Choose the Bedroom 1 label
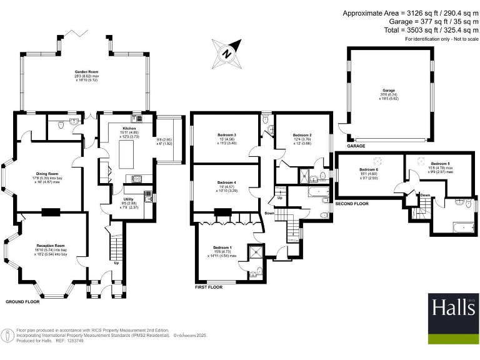pyautogui.click(x=221, y=247)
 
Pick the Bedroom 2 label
pyautogui.click(x=302, y=134)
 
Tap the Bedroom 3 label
pyautogui.click(x=226, y=135)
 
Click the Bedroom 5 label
pyautogui.click(x=439, y=162)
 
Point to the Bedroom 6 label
pyautogui.click(x=369, y=169)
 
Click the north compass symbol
pyautogui.click(x=227, y=53)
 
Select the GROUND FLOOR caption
pyautogui.click(x=22, y=301)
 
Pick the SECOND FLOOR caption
pyautogui.click(x=352, y=204)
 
